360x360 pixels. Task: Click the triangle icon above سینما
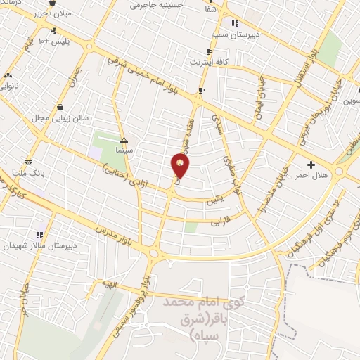(124, 140)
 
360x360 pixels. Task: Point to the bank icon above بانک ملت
(27, 162)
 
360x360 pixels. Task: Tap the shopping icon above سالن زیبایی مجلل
(60, 107)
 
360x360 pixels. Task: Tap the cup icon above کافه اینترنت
(208, 52)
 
